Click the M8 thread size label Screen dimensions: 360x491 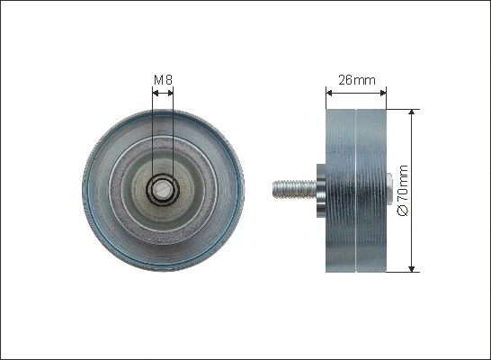click(163, 80)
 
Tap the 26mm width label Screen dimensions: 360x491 click(355, 79)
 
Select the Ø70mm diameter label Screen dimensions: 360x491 click(402, 190)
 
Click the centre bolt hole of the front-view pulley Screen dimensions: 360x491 click(163, 190)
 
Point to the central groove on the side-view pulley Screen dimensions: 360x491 click(356, 190)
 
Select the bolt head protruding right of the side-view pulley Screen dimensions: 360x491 click(388, 190)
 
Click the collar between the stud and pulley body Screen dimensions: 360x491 click(320, 190)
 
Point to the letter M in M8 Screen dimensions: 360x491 click(158, 80)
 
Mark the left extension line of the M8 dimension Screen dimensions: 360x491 click(153, 135)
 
